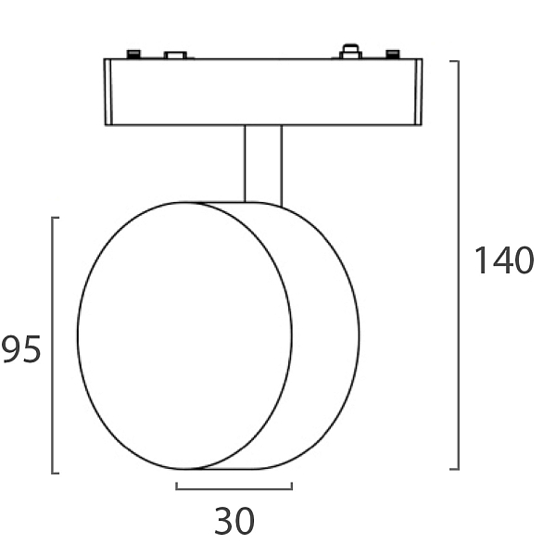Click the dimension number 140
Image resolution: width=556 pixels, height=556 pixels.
(x=504, y=260)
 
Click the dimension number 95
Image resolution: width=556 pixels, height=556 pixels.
(x=21, y=349)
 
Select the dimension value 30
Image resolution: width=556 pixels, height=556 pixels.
(x=234, y=521)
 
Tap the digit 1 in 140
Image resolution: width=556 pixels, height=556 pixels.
(x=482, y=260)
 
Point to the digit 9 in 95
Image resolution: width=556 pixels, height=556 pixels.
(x=12, y=349)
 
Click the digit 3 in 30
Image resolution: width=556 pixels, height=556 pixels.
(x=224, y=521)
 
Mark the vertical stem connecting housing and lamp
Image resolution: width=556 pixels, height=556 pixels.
(x=263, y=165)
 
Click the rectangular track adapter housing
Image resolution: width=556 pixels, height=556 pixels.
(x=263, y=92)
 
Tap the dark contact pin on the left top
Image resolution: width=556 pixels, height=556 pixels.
(x=134, y=54)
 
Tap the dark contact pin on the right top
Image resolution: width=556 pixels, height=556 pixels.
(x=393, y=54)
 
